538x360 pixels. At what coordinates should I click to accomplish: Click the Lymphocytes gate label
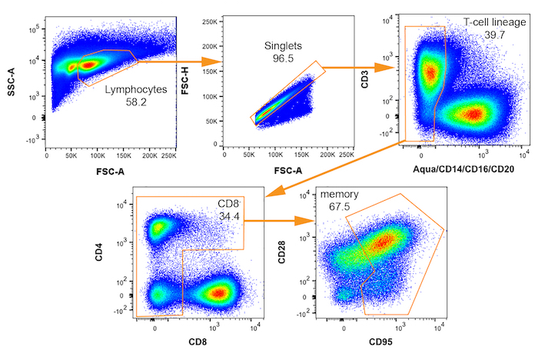coord(135,90)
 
